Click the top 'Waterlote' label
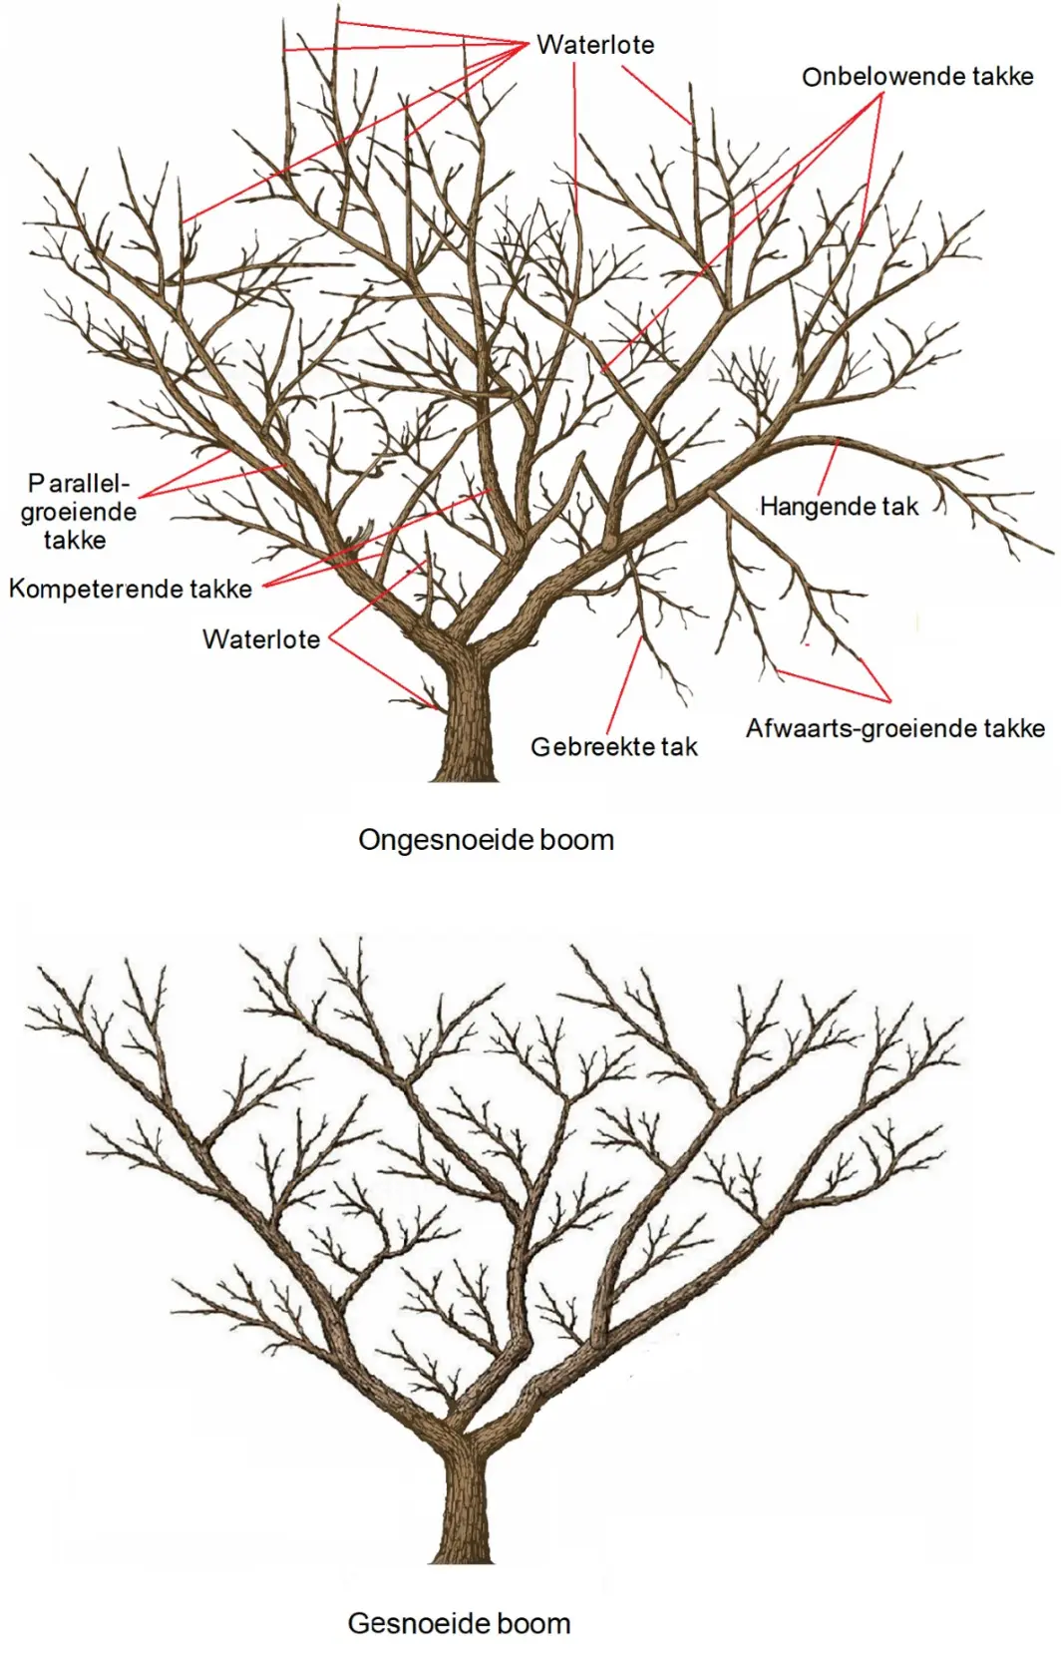(595, 45)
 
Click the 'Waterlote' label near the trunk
(261, 638)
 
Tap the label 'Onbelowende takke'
(917, 77)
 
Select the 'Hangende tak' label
(839, 507)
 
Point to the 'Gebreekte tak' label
(614, 746)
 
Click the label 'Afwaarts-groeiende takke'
(894, 728)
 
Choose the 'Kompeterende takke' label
(131, 590)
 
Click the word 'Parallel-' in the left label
(80, 484)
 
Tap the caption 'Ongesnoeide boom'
(487, 840)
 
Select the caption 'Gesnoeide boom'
(459, 1623)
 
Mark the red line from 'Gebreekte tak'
(625, 684)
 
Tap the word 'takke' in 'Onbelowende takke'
(998, 77)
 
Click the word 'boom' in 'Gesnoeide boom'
(533, 1623)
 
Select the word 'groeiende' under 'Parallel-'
(79, 512)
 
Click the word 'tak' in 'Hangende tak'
(900, 507)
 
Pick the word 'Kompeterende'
(94, 590)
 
